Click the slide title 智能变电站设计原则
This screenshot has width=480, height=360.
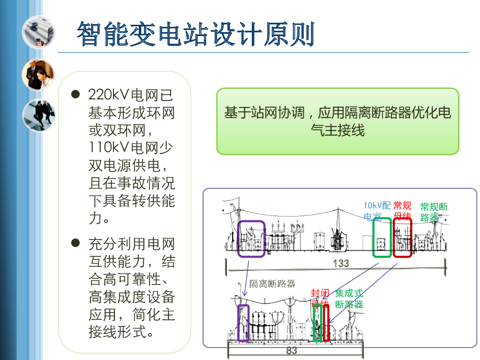[195, 34]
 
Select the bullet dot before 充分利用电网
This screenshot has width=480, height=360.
[75, 243]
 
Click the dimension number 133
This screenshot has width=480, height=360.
[341, 263]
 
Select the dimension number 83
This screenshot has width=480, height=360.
[292, 350]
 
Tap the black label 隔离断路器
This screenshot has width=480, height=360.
[272, 284]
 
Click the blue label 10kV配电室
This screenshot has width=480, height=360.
[377, 211]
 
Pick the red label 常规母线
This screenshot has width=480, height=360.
[402, 211]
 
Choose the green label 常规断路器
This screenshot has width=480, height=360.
[434, 212]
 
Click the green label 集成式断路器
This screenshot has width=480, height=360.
[349, 299]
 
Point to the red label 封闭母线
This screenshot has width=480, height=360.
[320, 298]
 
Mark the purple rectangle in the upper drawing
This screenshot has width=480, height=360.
[251, 239]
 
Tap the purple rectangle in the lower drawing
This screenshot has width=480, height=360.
[243, 323]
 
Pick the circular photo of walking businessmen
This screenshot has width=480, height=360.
[38, 115]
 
